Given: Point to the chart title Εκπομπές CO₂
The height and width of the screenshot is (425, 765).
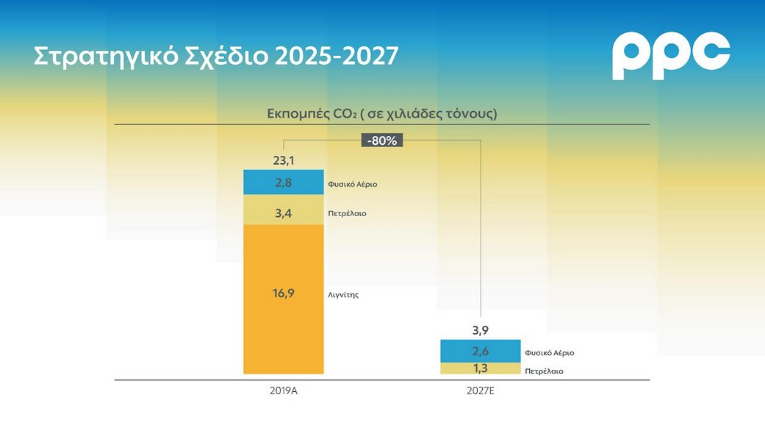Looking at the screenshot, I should coord(382,114).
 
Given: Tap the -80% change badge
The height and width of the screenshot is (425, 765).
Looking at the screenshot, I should coord(383,140).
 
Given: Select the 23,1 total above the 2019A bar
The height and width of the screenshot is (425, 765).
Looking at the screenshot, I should coord(283,160).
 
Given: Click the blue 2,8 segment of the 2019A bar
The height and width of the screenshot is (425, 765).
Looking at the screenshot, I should coord(283,182).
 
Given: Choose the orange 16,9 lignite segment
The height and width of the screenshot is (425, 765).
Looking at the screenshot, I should coord(283,294).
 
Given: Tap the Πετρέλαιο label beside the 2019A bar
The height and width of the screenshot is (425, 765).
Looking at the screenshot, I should coord(347,214).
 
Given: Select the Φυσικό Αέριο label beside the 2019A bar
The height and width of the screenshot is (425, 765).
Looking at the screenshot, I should coord(353,184).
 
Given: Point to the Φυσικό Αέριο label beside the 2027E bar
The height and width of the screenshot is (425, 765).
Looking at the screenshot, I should coord(550,353).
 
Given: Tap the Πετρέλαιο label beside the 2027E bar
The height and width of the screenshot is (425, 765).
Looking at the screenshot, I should coord(545,371).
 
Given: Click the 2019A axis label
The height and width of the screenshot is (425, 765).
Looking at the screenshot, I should coord(283,391).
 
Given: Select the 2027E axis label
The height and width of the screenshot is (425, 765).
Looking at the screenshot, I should coord(481,391).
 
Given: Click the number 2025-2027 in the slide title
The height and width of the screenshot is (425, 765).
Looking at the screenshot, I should coord(337,56).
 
